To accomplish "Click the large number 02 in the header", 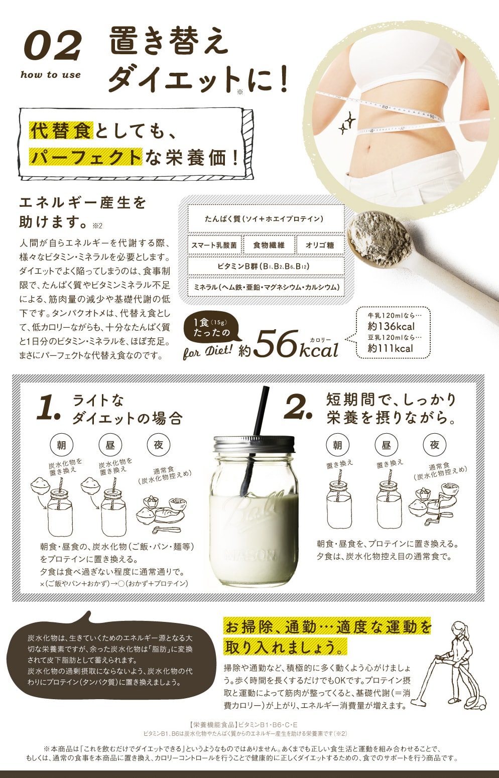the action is (53, 45).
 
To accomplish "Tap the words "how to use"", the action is (51, 75).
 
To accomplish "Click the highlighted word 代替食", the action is (61, 131).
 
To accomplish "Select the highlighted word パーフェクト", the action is (85, 157).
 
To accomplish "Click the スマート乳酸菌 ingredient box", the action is (214, 245).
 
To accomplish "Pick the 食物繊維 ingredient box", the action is (269, 245).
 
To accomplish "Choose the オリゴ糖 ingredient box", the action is (320, 245).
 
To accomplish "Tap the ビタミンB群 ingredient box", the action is (266, 266).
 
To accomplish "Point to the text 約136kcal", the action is (391, 326).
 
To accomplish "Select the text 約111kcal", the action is (390, 348).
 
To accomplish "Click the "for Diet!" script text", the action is (207, 351).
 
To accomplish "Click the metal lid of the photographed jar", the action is (254, 444).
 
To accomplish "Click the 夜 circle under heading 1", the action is (159, 445).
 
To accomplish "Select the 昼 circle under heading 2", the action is (386, 445).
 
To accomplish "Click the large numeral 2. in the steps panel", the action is (298, 407).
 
